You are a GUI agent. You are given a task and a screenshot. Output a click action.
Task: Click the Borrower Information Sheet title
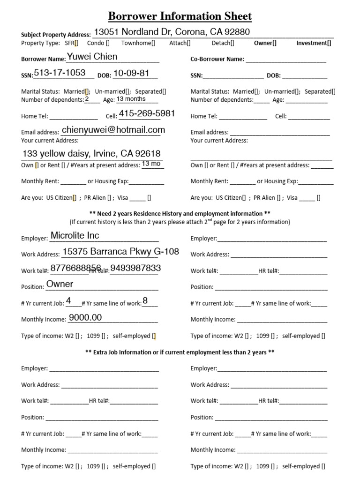point(180,16)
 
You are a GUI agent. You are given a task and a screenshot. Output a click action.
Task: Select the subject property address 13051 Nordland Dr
point(172,32)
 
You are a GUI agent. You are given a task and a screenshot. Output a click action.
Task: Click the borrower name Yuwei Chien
point(92,57)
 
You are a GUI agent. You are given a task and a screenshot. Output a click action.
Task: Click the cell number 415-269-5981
point(147,113)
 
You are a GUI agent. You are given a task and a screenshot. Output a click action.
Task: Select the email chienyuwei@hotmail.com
point(113,130)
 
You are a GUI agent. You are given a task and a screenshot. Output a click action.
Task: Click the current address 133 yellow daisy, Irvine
point(91,154)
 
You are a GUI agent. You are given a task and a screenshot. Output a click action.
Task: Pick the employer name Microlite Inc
point(75,236)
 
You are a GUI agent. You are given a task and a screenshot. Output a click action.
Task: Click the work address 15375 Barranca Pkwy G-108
point(121,252)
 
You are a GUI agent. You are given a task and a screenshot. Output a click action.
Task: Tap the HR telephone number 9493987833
point(135,268)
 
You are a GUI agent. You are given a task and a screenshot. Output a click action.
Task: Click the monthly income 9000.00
point(85,317)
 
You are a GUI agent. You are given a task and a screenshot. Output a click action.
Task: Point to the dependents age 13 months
point(131,99)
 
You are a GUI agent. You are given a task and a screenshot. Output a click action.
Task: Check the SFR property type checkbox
point(76,43)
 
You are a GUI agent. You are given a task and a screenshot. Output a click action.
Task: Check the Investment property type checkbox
point(329,43)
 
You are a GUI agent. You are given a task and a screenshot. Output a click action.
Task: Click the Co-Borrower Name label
point(217,59)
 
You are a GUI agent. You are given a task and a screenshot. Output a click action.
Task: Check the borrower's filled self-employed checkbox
point(154,336)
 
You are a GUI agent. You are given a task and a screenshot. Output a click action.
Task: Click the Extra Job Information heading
point(180,352)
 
